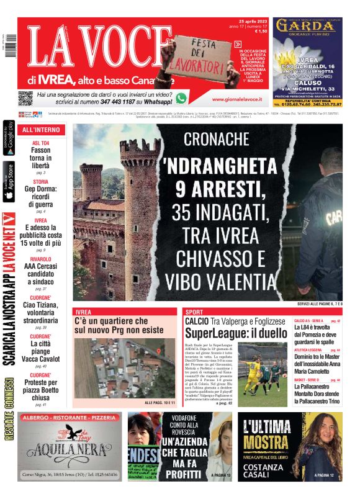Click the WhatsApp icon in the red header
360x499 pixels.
click(x=181, y=97)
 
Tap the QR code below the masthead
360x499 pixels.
click(x=25, y=97)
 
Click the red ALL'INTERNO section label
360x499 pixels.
click(x=42, y=130)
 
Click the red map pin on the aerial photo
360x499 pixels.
click(x=158, y=352)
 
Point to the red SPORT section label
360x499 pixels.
click(x=194, y=311)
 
